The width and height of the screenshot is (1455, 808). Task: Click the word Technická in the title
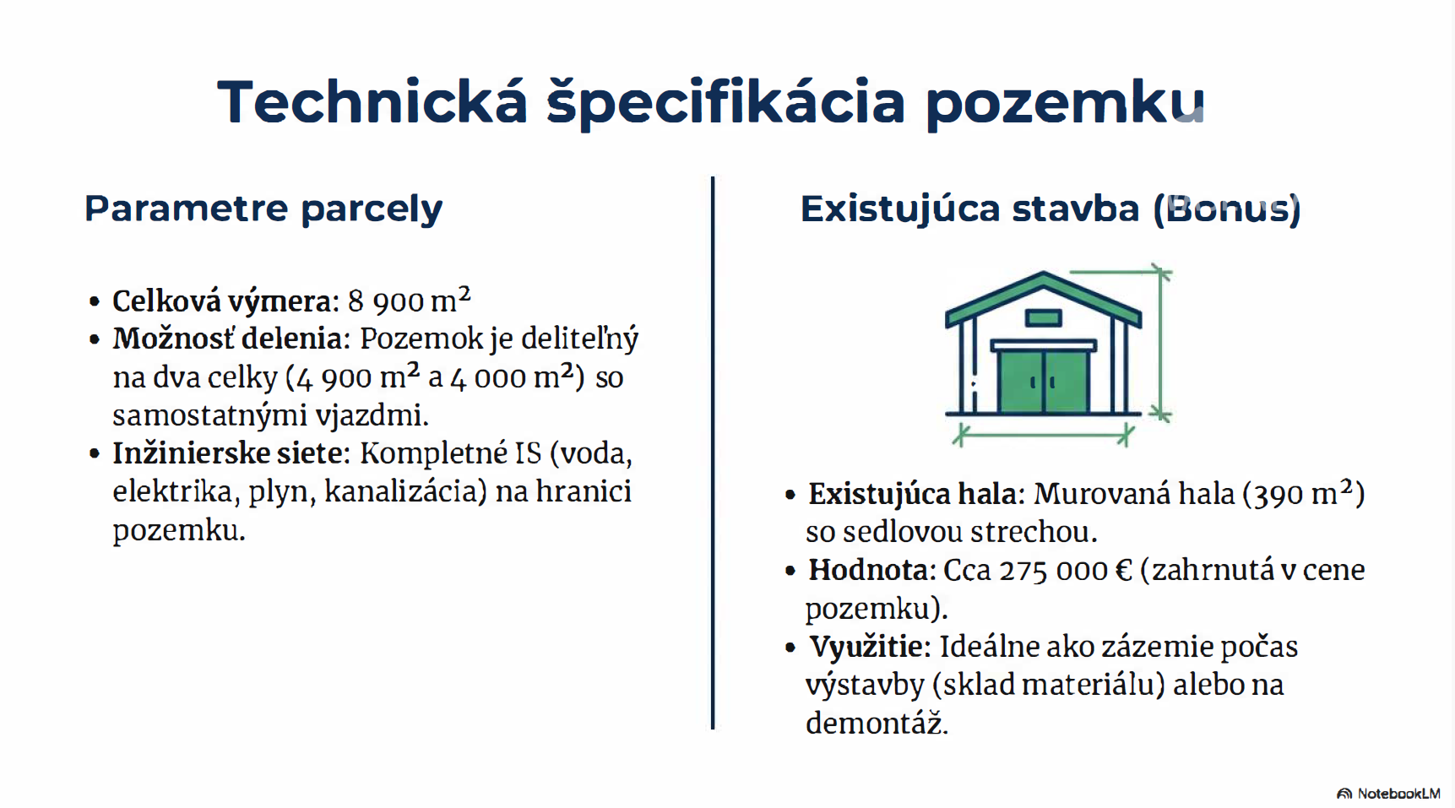coord(372,101)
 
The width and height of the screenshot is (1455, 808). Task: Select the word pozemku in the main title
coord(1065,104)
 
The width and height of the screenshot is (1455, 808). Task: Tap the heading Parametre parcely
coord(263,208)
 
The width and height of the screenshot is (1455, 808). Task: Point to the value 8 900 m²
coord(409,299)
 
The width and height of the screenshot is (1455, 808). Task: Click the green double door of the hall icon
coord(1044,381)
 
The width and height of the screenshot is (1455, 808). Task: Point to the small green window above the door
coord(1044,317)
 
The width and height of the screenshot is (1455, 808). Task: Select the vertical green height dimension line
coord(1162,344)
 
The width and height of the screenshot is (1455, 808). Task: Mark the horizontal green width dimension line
coord(1043,436)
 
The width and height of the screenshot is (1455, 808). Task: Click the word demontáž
coord(877,723)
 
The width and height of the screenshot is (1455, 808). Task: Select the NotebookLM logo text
coord(1398,793)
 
